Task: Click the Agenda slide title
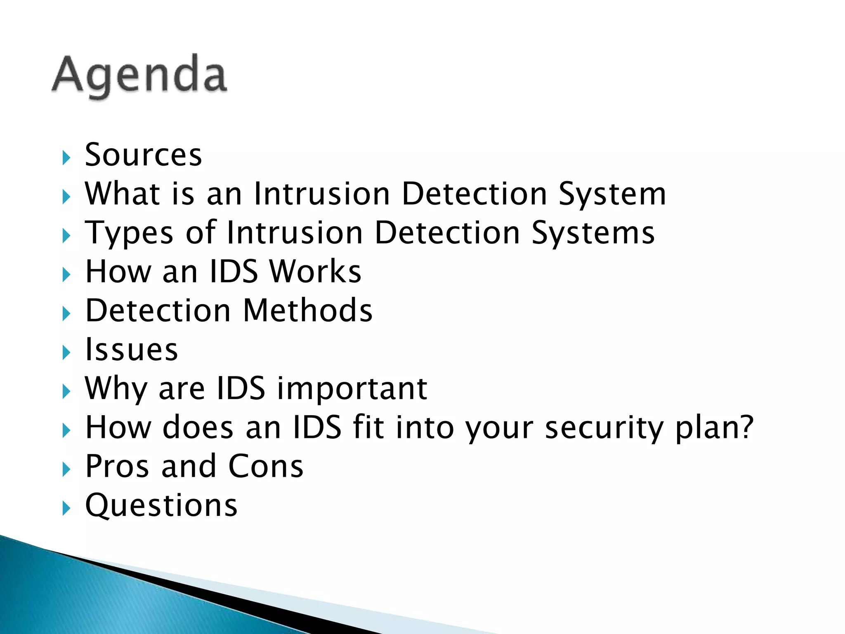(139, 76)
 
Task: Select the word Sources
(143, 155)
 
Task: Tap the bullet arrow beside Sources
(66, 158)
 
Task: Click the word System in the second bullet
(612, 194)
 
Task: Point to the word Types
(129, 233)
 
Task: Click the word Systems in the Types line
(592, 233)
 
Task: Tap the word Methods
(308, 310)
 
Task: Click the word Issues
(131, 350)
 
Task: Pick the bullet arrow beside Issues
(66, 352)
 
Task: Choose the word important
(352, 389)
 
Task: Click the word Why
(116, 389)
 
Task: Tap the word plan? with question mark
(714, 428)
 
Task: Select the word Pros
(117, 466)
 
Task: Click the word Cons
(266, 466)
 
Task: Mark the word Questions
(161, 505)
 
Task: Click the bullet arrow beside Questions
(66, 508)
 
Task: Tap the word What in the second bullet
(123, 194)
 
